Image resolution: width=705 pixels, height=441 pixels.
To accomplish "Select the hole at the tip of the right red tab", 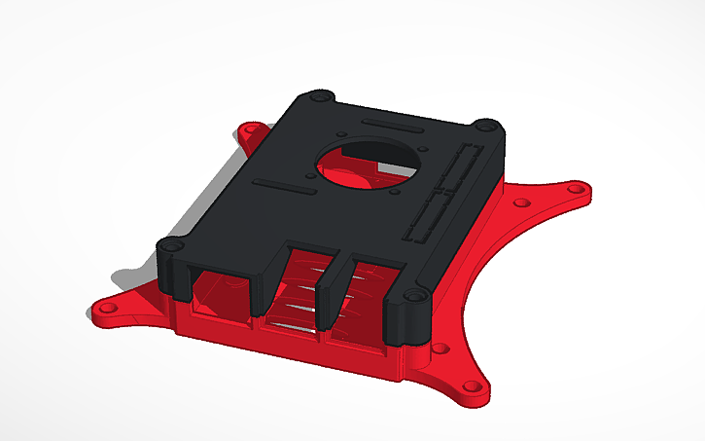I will tap(582, 191).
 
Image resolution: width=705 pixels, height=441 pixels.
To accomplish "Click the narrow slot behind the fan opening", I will tap(392, 127).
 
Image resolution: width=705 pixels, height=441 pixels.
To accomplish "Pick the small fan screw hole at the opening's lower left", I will tap(308, 178).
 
